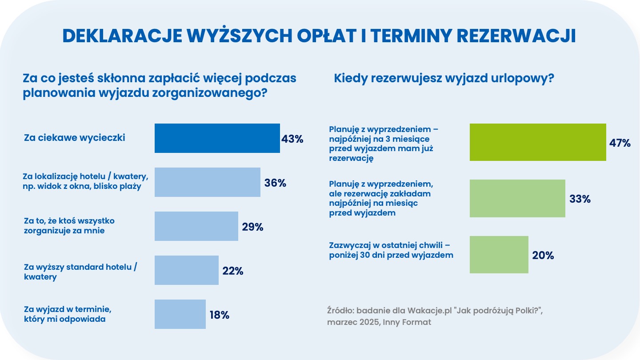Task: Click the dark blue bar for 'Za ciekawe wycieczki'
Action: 217,138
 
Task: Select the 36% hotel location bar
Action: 207,182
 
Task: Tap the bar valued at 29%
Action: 196,226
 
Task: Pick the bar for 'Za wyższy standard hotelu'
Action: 186,270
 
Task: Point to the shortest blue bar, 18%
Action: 180,314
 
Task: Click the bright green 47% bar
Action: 538,142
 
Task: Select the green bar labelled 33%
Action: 517,199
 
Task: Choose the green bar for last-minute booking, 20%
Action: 499,255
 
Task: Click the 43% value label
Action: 292,139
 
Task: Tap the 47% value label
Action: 620,143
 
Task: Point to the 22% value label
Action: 232,271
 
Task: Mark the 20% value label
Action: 543,256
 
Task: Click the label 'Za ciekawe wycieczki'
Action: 75,138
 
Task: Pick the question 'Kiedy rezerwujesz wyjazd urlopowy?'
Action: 444,79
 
